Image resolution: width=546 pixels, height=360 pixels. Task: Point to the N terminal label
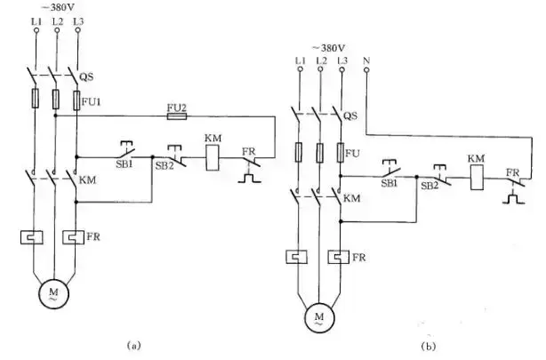pos(366,61)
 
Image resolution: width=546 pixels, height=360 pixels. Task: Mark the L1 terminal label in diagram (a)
pos(36,20)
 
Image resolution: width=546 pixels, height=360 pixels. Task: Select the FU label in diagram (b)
pos(353,151)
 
